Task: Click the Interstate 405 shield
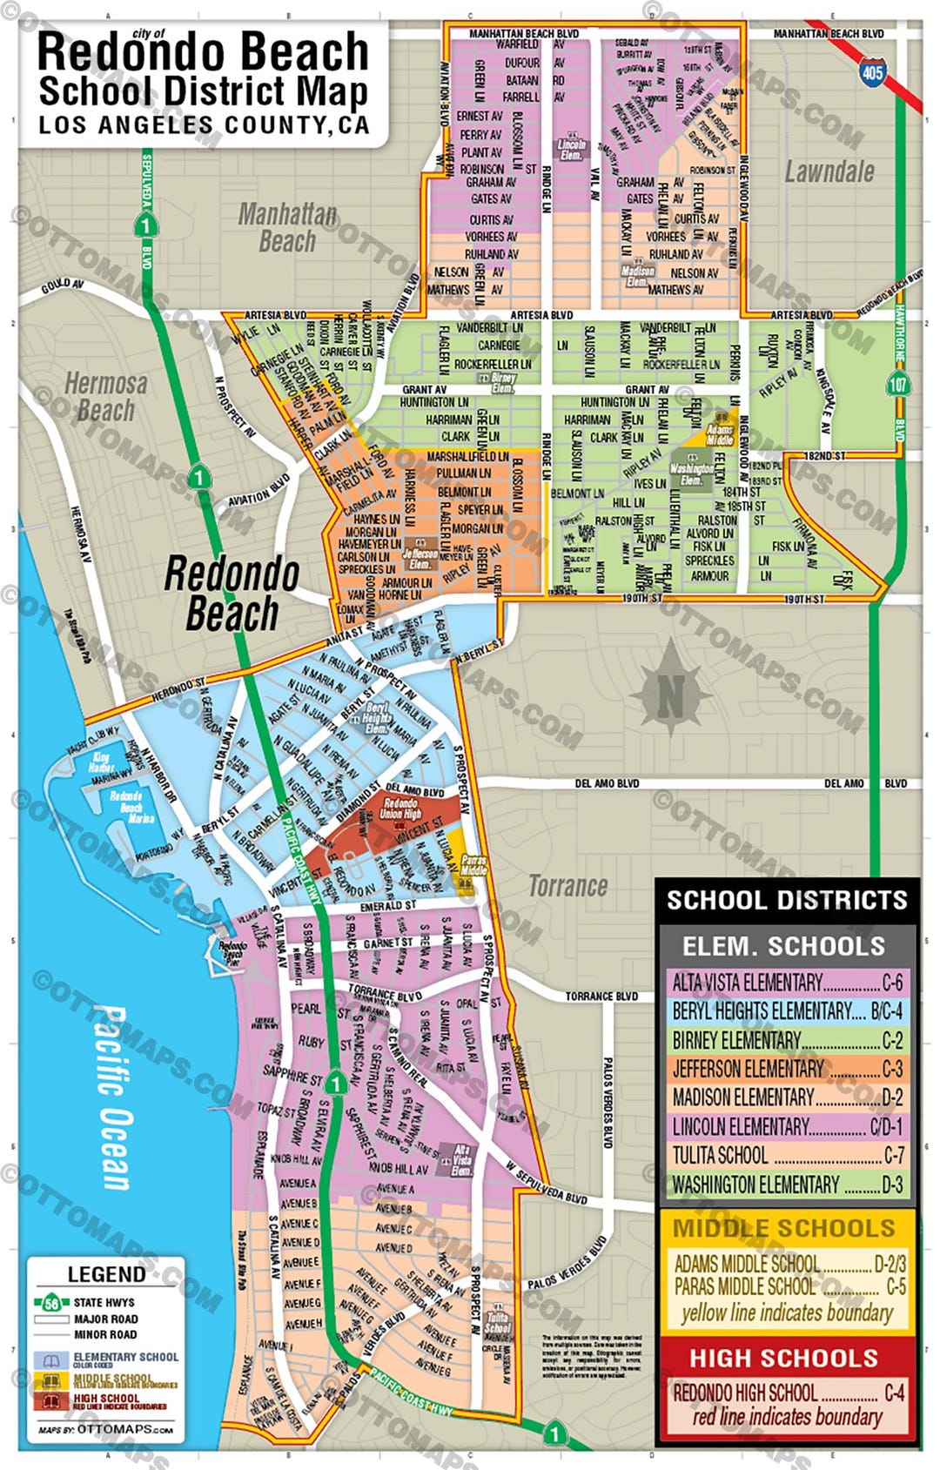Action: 872,71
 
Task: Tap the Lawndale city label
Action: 829,171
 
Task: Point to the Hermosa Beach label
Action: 105,396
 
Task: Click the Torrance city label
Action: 567,886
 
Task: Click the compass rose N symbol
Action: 671,694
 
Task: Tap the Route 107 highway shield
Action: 898,384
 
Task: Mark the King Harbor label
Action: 102,763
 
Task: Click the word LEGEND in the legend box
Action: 106,1274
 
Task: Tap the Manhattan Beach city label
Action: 287,227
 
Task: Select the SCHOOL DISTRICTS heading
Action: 787,900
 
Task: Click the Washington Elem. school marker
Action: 691,474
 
